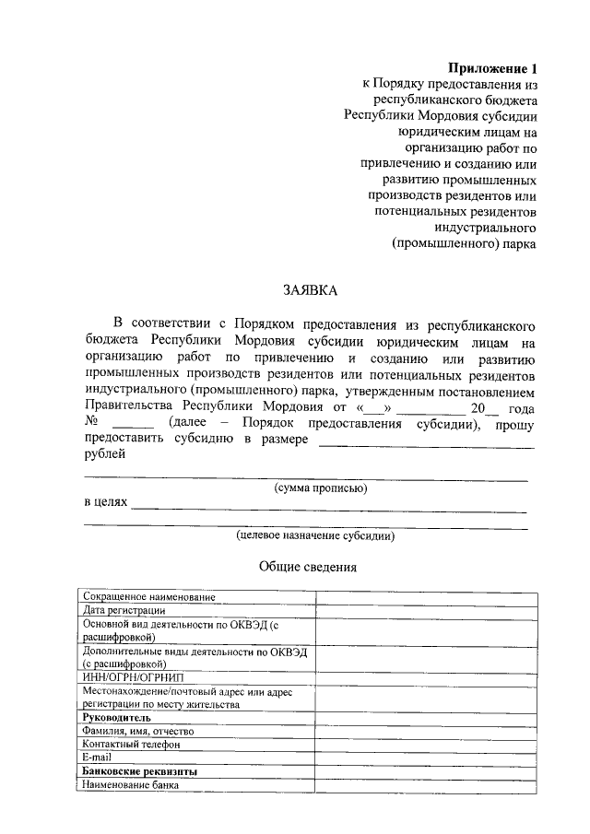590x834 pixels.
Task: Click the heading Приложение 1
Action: coord(491,68)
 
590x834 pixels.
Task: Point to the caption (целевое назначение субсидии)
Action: coord(315,534)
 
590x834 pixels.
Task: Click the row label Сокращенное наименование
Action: coord(148,597)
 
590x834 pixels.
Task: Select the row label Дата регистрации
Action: coord(124,610)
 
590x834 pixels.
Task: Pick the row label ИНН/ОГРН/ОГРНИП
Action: coord(133,677)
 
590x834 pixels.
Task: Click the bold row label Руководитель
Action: coord(116,717)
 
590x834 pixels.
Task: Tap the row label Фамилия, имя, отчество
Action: coord(137,731)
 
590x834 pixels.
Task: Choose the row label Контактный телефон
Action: coord(131,745)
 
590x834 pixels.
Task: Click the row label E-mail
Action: coord(97,758)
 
